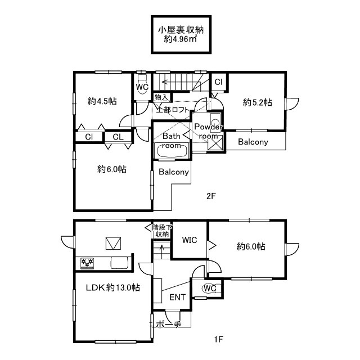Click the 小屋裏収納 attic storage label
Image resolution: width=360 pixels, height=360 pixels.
click(181, 30)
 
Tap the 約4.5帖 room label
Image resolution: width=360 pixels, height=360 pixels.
click(102, 101)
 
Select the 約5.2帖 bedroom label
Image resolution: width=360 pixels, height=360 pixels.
click(258, 102)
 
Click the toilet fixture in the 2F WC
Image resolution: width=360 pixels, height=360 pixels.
click(142, 84)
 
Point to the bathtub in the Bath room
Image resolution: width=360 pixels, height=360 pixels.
click(172, 150)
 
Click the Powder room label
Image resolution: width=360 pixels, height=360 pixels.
click(209, 131)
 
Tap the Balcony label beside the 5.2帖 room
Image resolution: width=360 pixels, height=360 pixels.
click(253, 142)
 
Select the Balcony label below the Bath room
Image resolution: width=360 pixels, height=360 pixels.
click(174, 172)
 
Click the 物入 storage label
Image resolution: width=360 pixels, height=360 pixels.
click(161, 97)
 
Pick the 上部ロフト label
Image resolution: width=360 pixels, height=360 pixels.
click(173, 110)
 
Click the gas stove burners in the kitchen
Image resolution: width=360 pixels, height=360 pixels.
click(87, 263)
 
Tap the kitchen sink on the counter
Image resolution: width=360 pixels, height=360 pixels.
click(119, 263)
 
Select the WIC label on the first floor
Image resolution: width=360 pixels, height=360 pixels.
click(190, 240)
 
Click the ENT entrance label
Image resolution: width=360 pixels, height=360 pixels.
click(177, 298)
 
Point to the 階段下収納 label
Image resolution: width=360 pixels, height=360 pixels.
click(162, 231)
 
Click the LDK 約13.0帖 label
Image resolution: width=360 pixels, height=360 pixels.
click(112, 287)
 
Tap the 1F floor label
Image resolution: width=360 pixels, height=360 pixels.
click(218, 339)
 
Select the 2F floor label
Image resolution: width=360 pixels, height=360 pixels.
click(211, 196)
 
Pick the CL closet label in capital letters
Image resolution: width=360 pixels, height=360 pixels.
click(118, 137)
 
